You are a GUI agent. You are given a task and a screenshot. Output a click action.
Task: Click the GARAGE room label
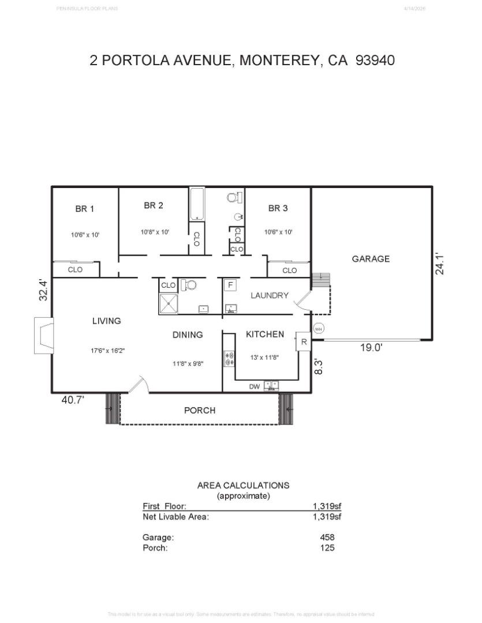point(371,259)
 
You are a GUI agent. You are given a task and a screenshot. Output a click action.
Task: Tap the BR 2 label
point(154,205)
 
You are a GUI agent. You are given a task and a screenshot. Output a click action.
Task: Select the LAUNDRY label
point(269,295)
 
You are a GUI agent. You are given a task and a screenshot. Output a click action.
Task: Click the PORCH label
point(200,411)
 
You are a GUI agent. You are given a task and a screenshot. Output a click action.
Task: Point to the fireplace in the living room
point(43,336)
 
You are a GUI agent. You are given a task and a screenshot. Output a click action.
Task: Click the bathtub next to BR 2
point(197,204)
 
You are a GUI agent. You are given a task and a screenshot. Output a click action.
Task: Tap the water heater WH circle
point(318,329)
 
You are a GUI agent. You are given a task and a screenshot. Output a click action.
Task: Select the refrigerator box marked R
point(304,341)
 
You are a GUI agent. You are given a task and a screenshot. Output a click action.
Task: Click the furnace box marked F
point(230,286)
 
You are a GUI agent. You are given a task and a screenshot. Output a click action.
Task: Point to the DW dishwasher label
point(254,387)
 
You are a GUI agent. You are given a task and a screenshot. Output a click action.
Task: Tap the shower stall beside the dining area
point(170,302)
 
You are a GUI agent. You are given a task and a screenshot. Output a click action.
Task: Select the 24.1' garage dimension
point(440,263)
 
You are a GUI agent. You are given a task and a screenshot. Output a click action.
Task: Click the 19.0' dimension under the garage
point(372,348)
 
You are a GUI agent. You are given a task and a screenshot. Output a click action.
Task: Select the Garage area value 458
point(327,537)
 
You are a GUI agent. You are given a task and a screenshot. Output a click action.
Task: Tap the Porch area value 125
point(327,547)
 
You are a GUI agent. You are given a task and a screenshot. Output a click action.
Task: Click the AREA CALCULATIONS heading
point(243,485)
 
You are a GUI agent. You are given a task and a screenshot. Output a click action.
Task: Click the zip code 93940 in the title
point(375,60)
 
